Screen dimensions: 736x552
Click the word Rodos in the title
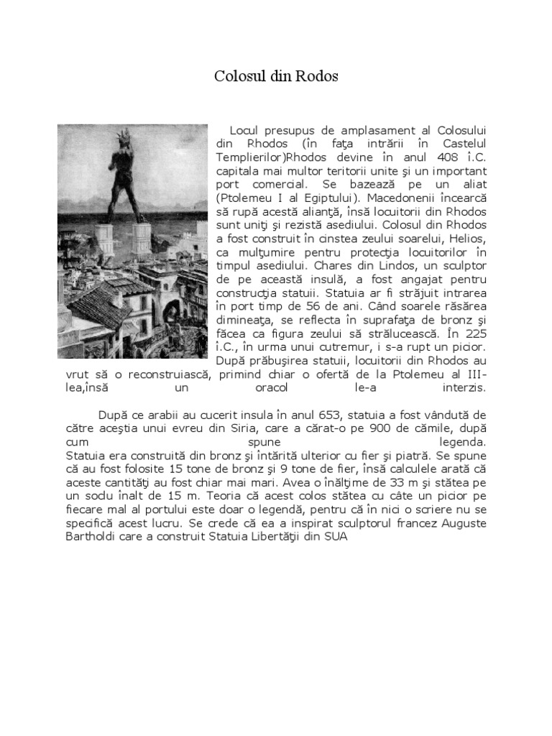317,76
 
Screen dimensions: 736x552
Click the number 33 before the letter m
391,497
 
